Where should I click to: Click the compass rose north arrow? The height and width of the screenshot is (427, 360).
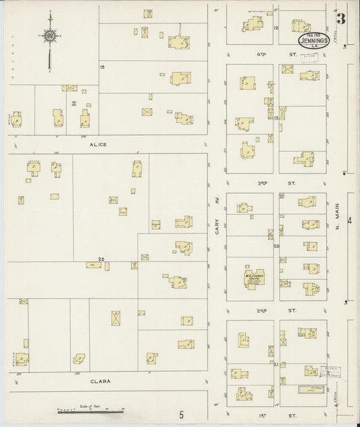pos(49,37)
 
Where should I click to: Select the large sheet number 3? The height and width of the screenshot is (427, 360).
pos(341,19)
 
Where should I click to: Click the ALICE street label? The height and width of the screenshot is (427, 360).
pos(97,144)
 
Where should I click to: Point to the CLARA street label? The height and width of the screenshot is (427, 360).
pos(100,381)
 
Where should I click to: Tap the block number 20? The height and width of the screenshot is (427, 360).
pos(276,246)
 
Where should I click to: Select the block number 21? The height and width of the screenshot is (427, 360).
pos(276,364)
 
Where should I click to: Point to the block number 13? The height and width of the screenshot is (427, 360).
pos(276,118)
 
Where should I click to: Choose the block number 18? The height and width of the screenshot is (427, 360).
pos(103,68)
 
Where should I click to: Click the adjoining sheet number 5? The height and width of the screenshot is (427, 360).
pos(180,413)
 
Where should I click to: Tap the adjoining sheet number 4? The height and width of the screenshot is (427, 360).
pos(349,221)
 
